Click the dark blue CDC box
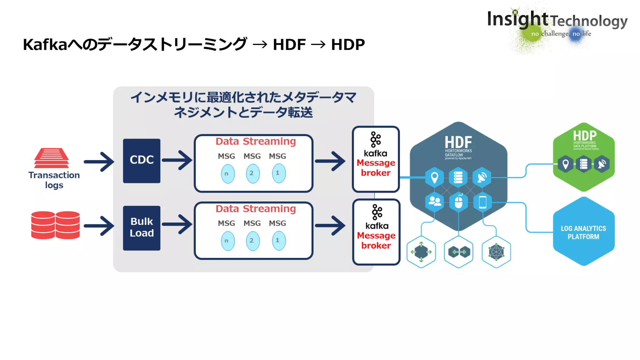tap(142, 161)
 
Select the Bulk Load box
tap(142, 228)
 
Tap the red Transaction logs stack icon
tap(52, 158)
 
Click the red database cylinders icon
tap(55, 225)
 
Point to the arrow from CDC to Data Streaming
tap(177, 160)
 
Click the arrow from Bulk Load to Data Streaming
tap(177, 224)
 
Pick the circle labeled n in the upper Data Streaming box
tap(228, 174)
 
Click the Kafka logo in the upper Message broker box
tap(375, 139)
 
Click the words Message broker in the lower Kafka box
tap(376, 240)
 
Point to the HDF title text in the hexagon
tap(458, 142)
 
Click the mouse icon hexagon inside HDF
tap(458, 202)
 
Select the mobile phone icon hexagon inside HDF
tap(482, 202)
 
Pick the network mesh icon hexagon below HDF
tap(496, 252)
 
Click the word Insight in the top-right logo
tap(517, 19)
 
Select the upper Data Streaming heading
tap(256, 141)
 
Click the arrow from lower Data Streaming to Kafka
tap(331, 225)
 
